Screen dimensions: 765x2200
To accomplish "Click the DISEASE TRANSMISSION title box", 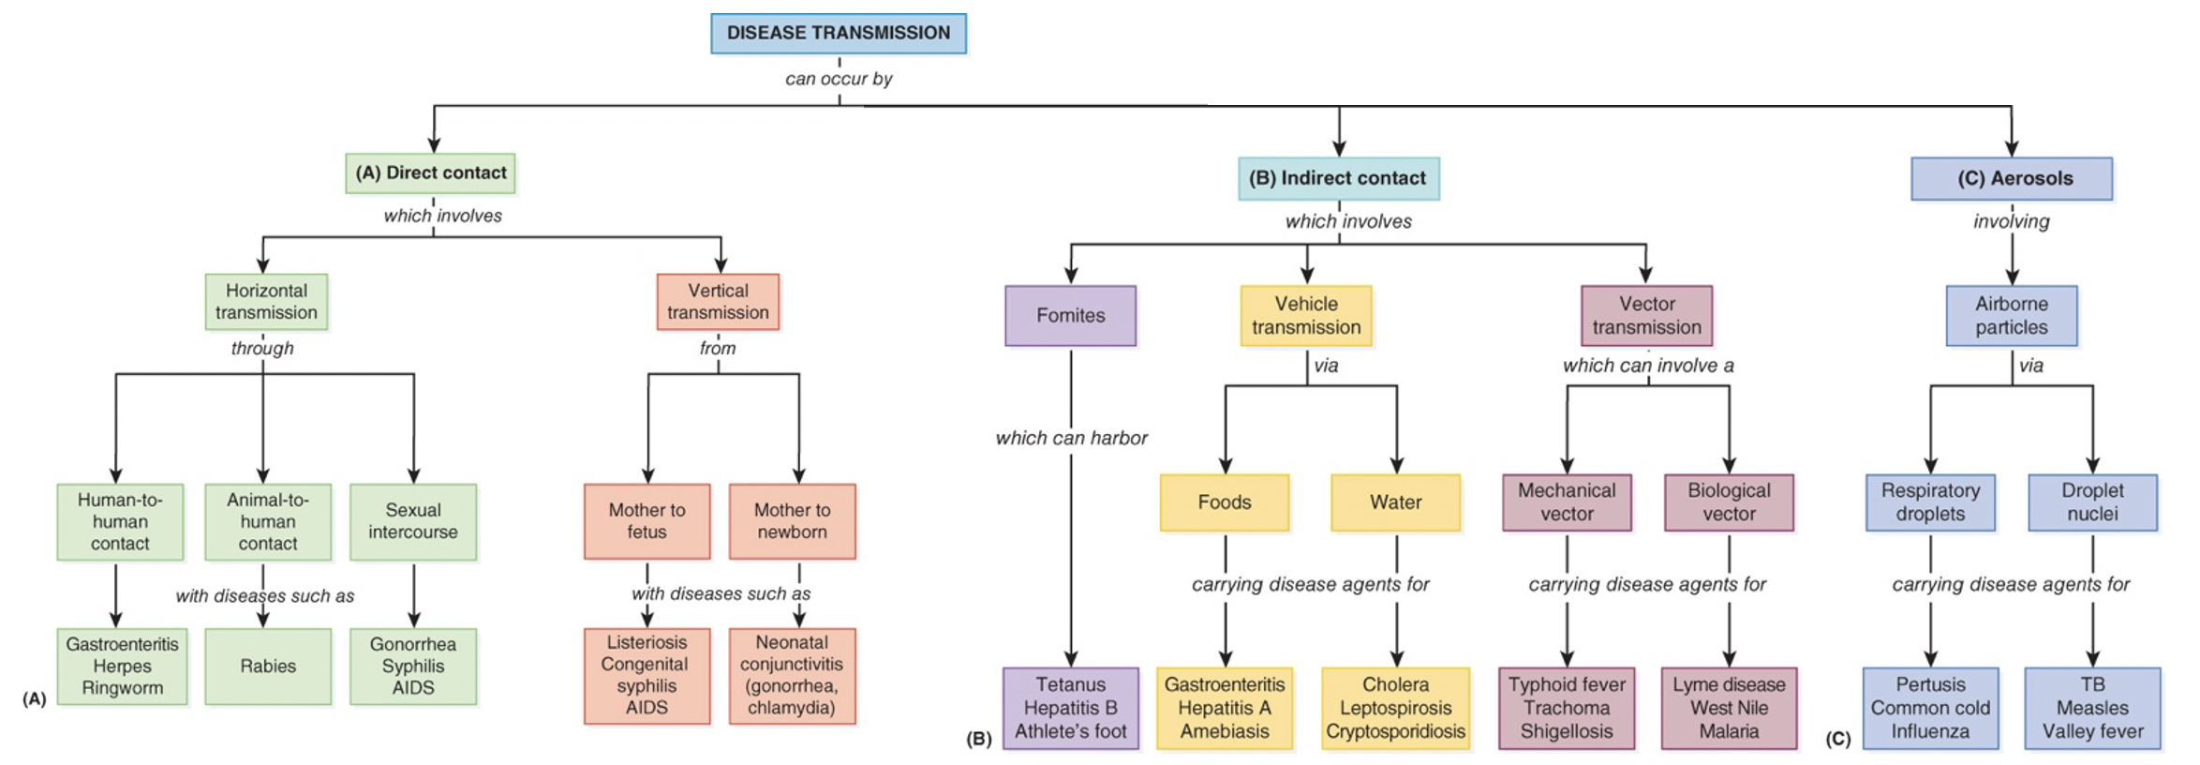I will coord(838,34).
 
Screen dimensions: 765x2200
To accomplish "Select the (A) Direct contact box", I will coord(430,173).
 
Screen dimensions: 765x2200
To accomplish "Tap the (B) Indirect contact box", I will coord(1338,178).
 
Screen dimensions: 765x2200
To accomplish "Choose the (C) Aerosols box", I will coord(2012,178).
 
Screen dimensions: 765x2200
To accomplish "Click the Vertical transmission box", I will coord(718,302).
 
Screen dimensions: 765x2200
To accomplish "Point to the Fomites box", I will coord(1070,316).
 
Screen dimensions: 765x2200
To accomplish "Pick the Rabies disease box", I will coord(268,667).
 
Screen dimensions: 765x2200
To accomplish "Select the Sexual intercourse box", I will coord(413,521).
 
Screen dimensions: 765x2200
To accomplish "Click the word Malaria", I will coord(1729,731).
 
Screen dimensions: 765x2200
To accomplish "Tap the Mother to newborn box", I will coord(792,521).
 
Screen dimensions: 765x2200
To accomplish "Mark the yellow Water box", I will coord(1395,502).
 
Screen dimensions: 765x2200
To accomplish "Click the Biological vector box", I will coord(1729,502).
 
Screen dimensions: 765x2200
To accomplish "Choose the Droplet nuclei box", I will coord(2092,502).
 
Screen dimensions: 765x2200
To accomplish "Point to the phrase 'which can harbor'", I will coord(1071,438).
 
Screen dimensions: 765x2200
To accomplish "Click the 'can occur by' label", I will coord(839,79).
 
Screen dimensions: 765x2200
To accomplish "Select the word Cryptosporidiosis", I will coord(1395,731).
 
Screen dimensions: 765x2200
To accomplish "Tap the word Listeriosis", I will coord(647,642).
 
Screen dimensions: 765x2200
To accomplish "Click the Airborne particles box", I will coord(2012,316).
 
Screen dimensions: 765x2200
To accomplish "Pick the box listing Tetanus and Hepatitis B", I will coord(1070,708).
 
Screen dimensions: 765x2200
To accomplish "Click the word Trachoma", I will coord(1567,708).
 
